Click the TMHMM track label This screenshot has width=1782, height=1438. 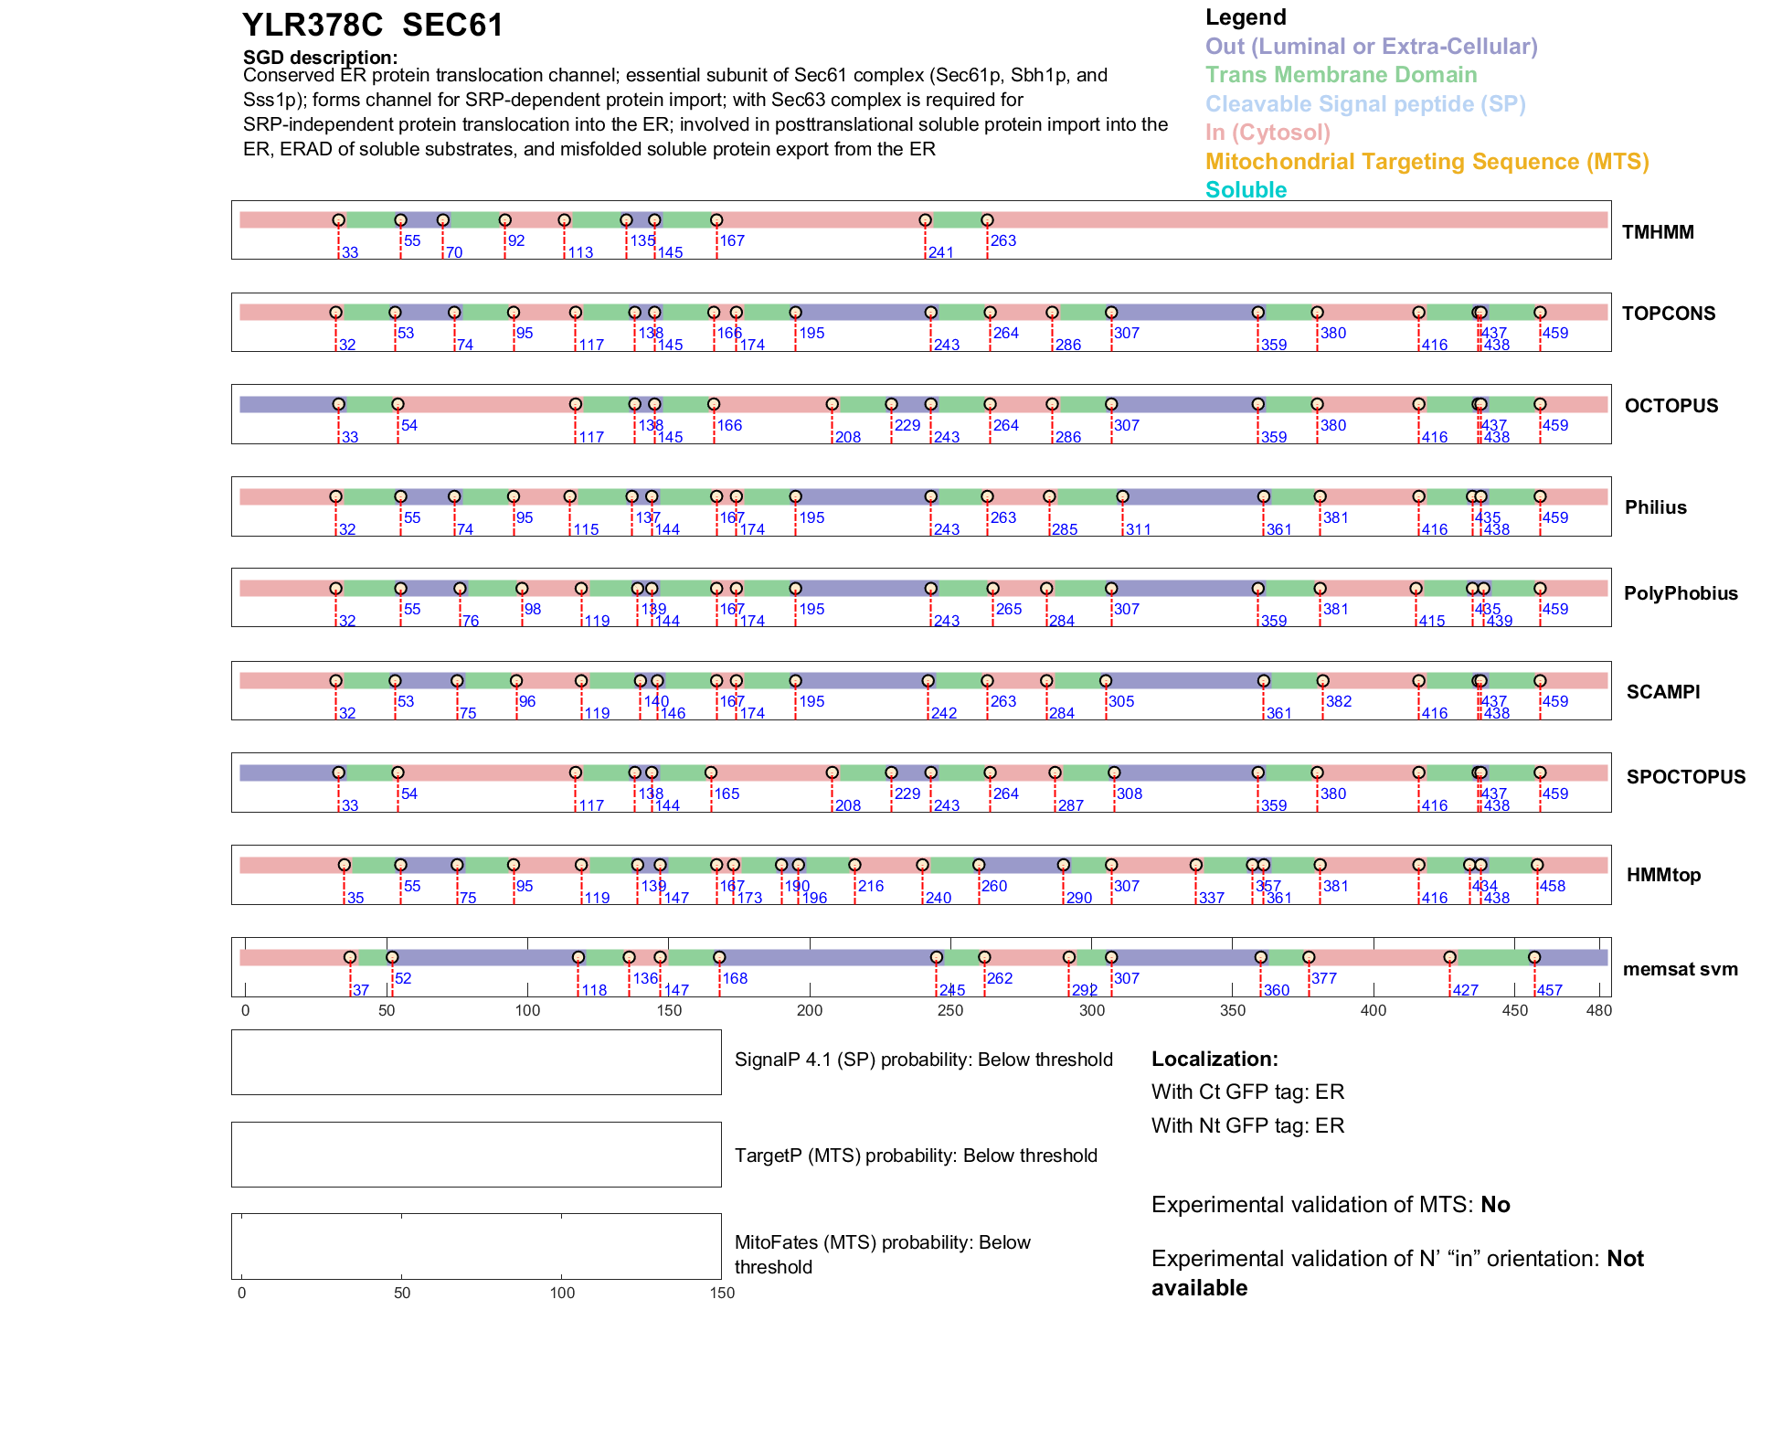1657,232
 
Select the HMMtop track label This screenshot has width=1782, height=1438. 1663,875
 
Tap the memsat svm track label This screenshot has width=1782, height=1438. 1680,969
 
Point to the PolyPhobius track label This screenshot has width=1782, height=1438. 1680,593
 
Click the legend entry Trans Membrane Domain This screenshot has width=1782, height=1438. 1341,75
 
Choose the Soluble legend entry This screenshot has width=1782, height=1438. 1246,190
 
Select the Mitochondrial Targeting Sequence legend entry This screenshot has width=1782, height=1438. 1427,162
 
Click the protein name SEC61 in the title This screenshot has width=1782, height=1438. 452,26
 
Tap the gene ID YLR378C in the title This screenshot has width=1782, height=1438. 313,26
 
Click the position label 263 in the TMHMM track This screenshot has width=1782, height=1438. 1003,241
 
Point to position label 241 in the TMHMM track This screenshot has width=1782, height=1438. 941,253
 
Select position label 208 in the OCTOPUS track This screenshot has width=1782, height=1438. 848,438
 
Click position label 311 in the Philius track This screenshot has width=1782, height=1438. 1139,530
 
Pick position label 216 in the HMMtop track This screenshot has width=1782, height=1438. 871,887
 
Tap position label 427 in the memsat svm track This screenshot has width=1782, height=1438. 1466,991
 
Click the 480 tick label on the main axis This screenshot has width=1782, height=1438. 1599,1011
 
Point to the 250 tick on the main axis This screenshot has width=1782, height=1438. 950,1011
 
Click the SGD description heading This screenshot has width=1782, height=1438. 320,58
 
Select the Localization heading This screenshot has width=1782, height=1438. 1215,1060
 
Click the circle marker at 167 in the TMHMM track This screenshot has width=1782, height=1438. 716,220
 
